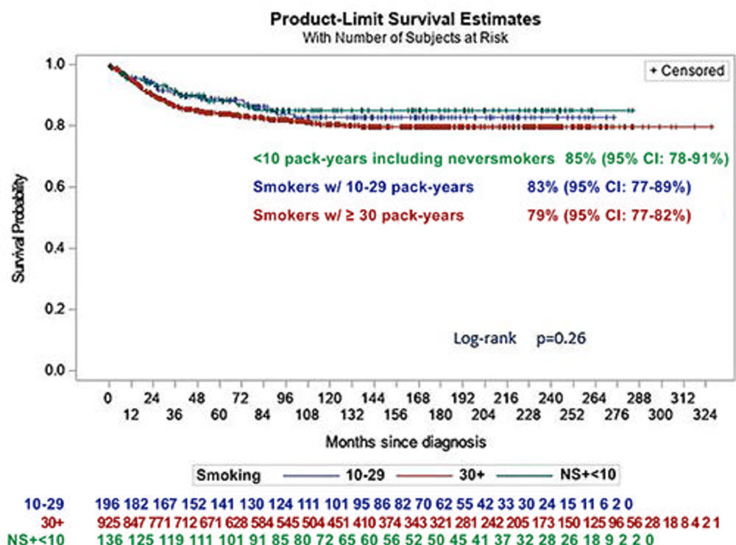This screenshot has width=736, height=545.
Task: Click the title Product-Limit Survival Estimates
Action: pos(406,20)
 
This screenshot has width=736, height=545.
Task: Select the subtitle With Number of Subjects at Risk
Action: pos(406,37)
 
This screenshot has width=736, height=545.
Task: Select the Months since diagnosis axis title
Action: pos(405,443)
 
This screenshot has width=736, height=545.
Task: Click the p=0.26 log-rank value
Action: pos(561,340)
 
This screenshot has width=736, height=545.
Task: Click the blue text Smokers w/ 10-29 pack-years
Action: pos(363,187)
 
